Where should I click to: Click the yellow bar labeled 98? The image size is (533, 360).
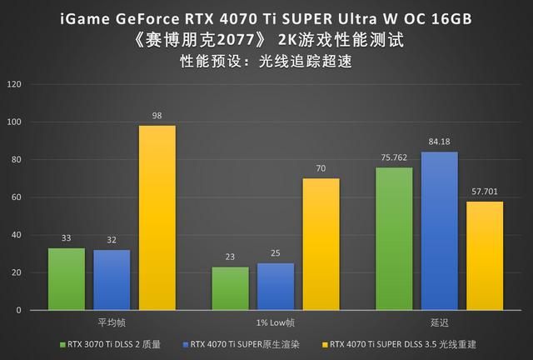point(157,217)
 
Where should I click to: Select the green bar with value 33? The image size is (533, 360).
point(67,279)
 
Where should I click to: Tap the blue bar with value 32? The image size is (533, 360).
point(112,280)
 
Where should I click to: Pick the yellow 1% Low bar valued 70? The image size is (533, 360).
point(321,244)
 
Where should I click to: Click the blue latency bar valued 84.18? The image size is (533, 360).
point(439,231)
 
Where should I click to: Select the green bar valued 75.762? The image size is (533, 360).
point(394,239)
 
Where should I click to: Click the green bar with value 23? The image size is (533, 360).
point(230,288)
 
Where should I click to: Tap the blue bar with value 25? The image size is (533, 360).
point(275,287)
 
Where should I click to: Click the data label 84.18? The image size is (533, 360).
point(439,143)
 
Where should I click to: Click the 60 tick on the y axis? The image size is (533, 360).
point(17,197)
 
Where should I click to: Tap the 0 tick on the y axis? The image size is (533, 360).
point(20,310)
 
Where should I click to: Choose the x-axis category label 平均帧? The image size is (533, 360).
point(112,322)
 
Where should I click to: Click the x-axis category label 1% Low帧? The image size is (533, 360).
point(275,322)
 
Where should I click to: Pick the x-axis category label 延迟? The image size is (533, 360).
point(439,322)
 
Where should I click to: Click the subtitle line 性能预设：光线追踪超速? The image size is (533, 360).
point(266,60)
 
